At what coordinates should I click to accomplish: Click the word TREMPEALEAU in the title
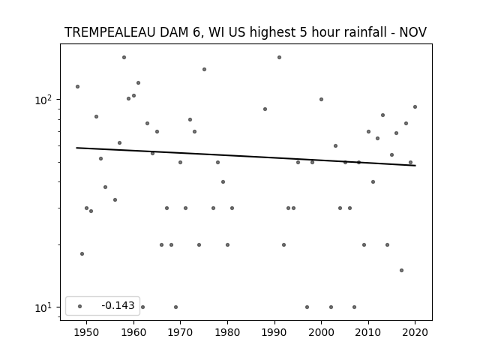pos(110,32)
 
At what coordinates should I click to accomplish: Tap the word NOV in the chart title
pos(412,32)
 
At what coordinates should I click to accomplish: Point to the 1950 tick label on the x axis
pos(87,332)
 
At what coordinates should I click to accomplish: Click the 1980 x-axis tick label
pos(227,332)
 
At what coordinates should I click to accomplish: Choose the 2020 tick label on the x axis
pos(415,332)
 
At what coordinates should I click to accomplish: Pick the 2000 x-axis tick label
pos(321,332)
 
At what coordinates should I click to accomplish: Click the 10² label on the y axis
pos(43,100)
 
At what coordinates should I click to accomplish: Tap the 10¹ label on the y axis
pos(43,307)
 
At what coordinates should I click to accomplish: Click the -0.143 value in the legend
pos(118,305)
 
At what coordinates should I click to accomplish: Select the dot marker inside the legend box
pos(79,306)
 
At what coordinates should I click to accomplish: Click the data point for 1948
pos(77,87)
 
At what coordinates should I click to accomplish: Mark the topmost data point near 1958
pos(124,57)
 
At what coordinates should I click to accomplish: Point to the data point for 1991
pos(279,57)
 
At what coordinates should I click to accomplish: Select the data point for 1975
pos(204,69)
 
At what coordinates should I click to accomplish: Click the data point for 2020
pos(415,106)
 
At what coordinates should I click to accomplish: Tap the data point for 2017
pos(401,270)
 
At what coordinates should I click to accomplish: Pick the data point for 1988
pos(265,109)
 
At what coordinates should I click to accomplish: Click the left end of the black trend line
pos(76,148)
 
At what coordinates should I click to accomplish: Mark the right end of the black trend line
pos(415,166)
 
